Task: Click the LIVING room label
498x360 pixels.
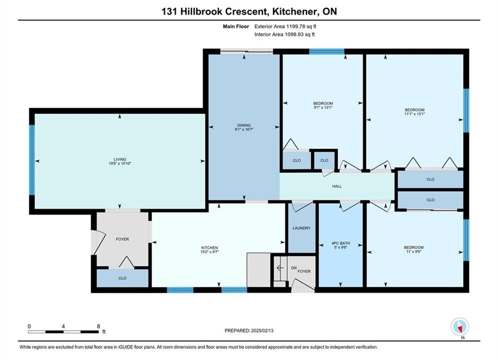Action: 120,159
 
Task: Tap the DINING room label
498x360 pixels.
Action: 244,125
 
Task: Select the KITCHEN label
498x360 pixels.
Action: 210,247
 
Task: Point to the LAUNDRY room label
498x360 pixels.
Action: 302,228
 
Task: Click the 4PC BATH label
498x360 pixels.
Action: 340,243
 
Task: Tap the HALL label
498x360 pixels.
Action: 337,186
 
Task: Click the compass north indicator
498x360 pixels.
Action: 459,326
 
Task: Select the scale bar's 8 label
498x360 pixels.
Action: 99,326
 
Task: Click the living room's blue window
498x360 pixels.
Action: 32,160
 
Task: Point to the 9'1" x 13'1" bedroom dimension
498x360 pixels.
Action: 323,107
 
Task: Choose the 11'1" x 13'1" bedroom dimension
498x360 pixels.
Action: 414,114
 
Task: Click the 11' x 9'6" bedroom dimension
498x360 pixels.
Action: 414,251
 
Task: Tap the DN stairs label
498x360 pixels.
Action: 294,268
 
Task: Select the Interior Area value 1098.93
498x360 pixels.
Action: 293,34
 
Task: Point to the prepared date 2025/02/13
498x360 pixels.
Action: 262,330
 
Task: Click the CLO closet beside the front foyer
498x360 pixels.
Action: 123,278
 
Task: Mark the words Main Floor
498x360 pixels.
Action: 236,26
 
